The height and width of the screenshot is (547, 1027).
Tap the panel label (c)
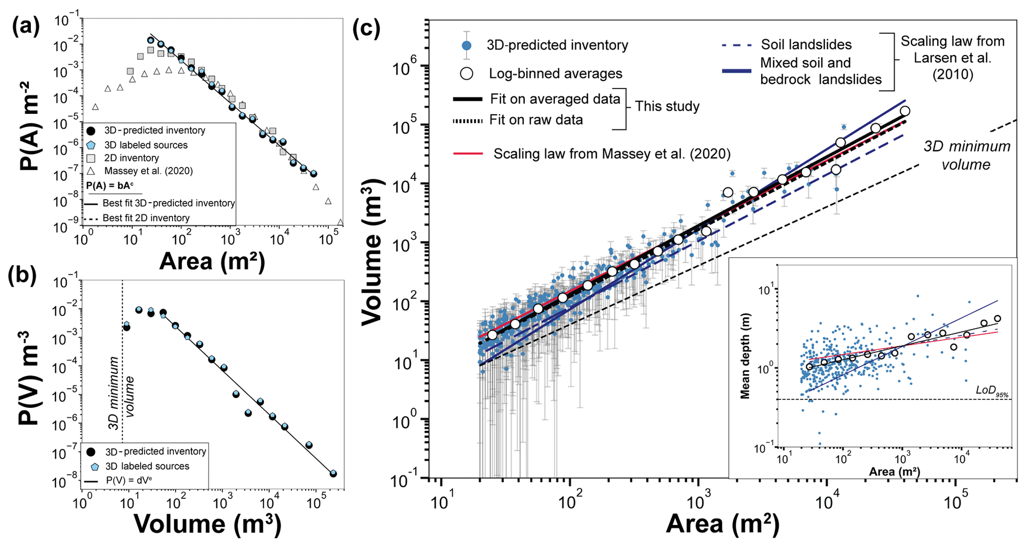[x=366, y=29]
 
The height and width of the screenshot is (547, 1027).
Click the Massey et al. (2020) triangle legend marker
[x=91, y=171]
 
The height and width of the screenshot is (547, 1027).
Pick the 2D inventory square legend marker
[x=91, y=158]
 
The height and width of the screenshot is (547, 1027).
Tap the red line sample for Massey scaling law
[x=468, y=154]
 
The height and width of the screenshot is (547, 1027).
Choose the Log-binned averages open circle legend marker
[x=467, y=74]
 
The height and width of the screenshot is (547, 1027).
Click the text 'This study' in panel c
[x=667, y=106]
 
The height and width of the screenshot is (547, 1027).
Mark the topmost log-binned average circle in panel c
[x=905, y=111]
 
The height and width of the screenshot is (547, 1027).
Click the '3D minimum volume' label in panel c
[x=966, y=155]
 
